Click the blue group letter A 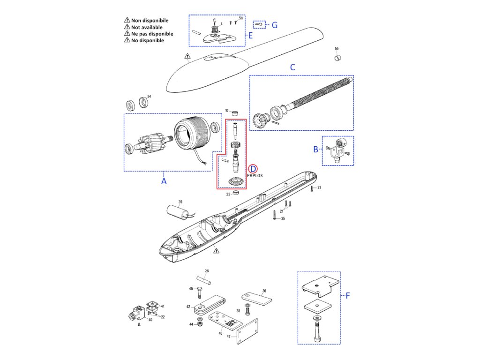pyautogui.click(x=164, y=180)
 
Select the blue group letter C pyautogui.click(x=292, y=67)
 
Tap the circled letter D pyautogui.click(x=253, y=169)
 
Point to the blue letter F pyautogui.click(x=348, y=295)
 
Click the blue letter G pyautogui.click(x=275, y=25)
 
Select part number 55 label pyautogui.click(x=337, y=49)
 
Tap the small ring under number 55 pyautogui.click(x=337, y=58)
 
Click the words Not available pyautogui.click(x=147, y=27)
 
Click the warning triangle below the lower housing pyautogui.click(x=216, y=251)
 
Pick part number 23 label pyautogui.click(x=228, y=194)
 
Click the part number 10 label pyautogui.click(x=227, y=111)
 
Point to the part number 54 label pyautogui.click(x=149, y=97)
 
